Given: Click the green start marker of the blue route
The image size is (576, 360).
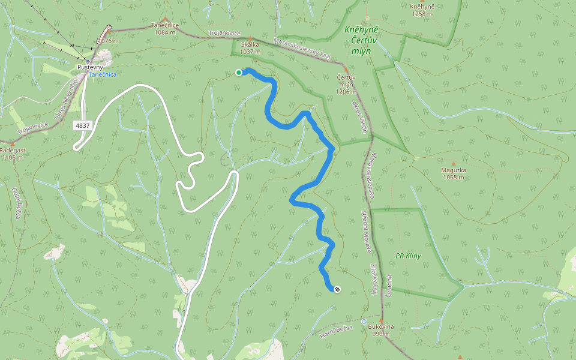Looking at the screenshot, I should (x=239, y=73).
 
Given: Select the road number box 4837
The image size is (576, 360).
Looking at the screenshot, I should (x=83, y=125).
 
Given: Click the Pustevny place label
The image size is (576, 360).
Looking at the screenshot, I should (x=90, y=67).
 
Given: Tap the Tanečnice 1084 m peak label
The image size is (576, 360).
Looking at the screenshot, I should (x=165, y=28).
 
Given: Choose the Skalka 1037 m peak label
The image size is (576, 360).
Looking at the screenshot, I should (x=250, y=48).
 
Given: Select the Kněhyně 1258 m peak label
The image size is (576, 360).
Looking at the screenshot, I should (x=422, y=10).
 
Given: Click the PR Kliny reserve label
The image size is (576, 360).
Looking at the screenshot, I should (x=408, y=256).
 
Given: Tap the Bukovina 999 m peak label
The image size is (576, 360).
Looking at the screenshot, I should (x=382, y=330).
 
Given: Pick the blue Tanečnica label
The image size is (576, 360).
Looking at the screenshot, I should (x=103, y=74).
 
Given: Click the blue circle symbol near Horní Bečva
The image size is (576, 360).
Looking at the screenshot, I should (x=364, y=322).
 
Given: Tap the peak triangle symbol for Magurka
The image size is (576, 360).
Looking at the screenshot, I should (x=453, y=163).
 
